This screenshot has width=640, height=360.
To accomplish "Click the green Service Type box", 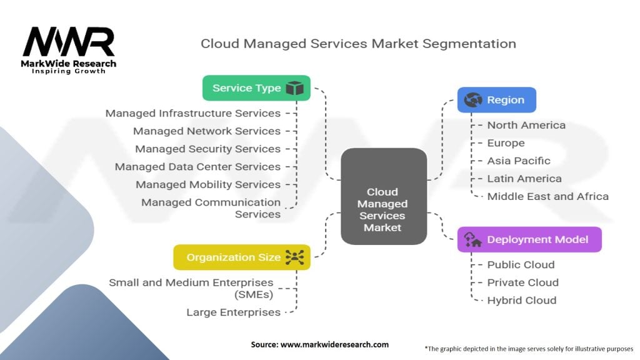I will coord(256,88).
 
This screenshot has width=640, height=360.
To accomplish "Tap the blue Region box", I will coord(496,100).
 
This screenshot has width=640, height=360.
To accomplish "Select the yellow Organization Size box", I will coord(241,257).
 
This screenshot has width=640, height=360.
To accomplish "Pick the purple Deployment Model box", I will coord(529,240).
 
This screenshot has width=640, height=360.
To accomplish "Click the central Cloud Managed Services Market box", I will coord(382,210).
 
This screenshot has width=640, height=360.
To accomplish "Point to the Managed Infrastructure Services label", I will coord(192,113).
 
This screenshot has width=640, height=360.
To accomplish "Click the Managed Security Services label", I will coord(207,149).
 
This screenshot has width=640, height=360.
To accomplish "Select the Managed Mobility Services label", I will coord(207,184).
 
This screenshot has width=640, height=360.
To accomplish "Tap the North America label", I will coord(526,125).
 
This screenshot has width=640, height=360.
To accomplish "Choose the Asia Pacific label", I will coord(519,161).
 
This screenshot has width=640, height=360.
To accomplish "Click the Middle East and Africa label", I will coord(547,196).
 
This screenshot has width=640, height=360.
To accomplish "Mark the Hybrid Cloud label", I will coord(521,300).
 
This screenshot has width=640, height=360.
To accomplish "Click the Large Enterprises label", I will coord(233,312).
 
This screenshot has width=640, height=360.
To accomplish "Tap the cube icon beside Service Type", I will coord(294,89).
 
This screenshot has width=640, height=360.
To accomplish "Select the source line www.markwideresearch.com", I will coord(319,344).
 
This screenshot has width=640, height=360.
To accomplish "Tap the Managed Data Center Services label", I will coord(197,167).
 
